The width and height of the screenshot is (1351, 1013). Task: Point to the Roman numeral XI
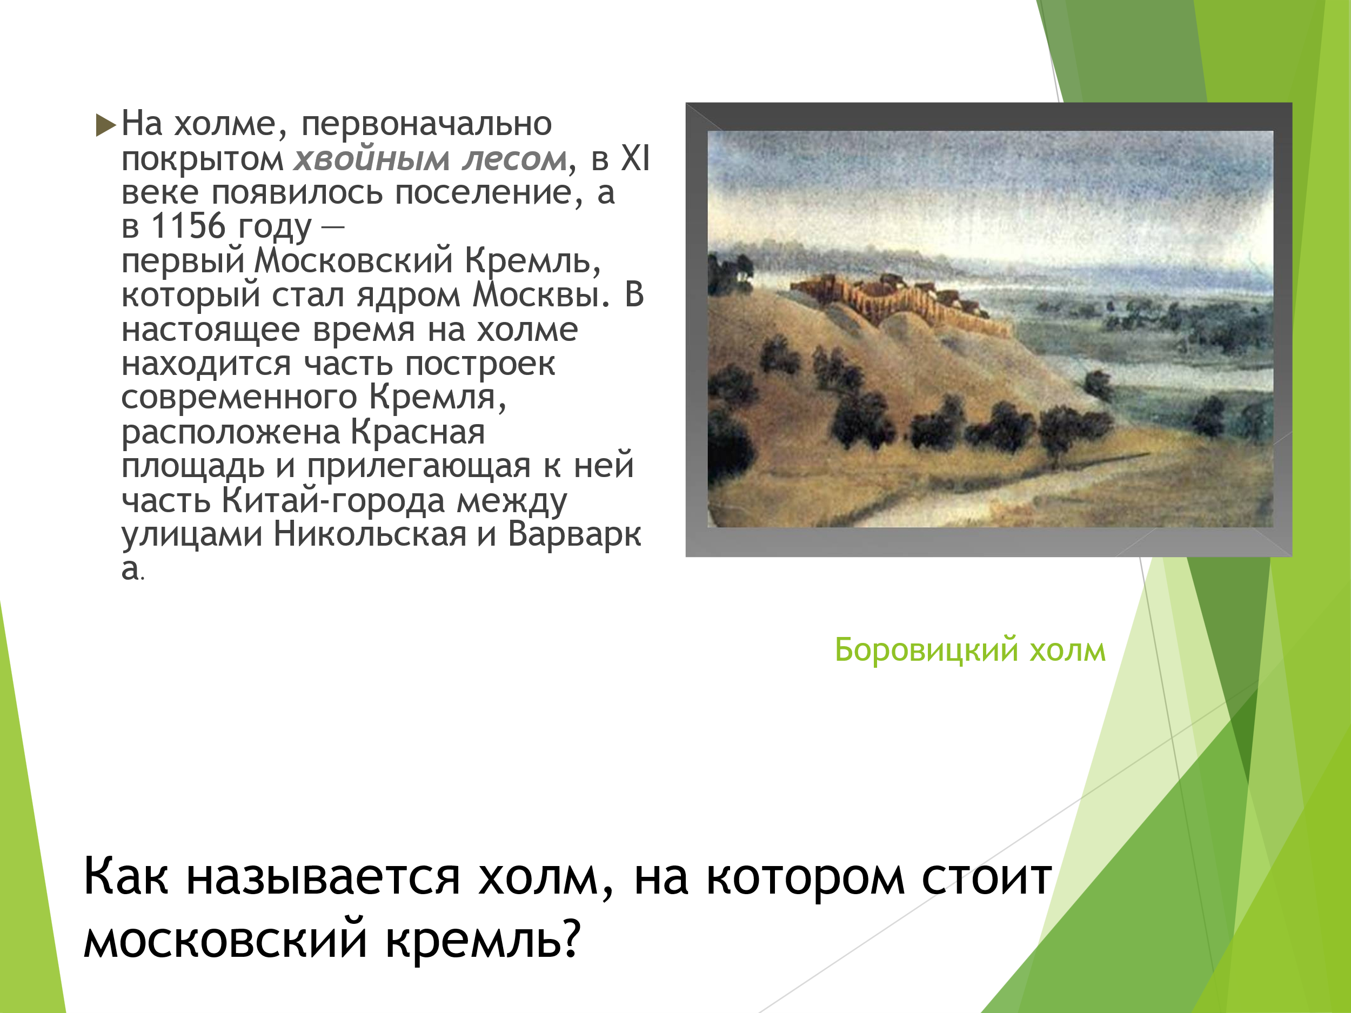point(635,158)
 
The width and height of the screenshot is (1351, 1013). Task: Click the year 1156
point(188,226)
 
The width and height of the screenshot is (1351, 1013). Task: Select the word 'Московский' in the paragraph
point(353,261)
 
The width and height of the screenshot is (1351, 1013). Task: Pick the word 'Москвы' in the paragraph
point(541,295)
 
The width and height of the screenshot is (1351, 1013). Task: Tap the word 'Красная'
point(418,432)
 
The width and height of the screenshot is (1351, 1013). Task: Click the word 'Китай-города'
point(333,501)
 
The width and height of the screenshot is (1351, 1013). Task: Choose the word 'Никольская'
point(370,534)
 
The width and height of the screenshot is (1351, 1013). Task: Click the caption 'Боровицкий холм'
point(970,650)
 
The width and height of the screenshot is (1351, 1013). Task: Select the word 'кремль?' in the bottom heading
point(483,939)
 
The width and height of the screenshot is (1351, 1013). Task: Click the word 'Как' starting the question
point(126,877)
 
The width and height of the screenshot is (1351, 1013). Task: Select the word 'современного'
point(239,398)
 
